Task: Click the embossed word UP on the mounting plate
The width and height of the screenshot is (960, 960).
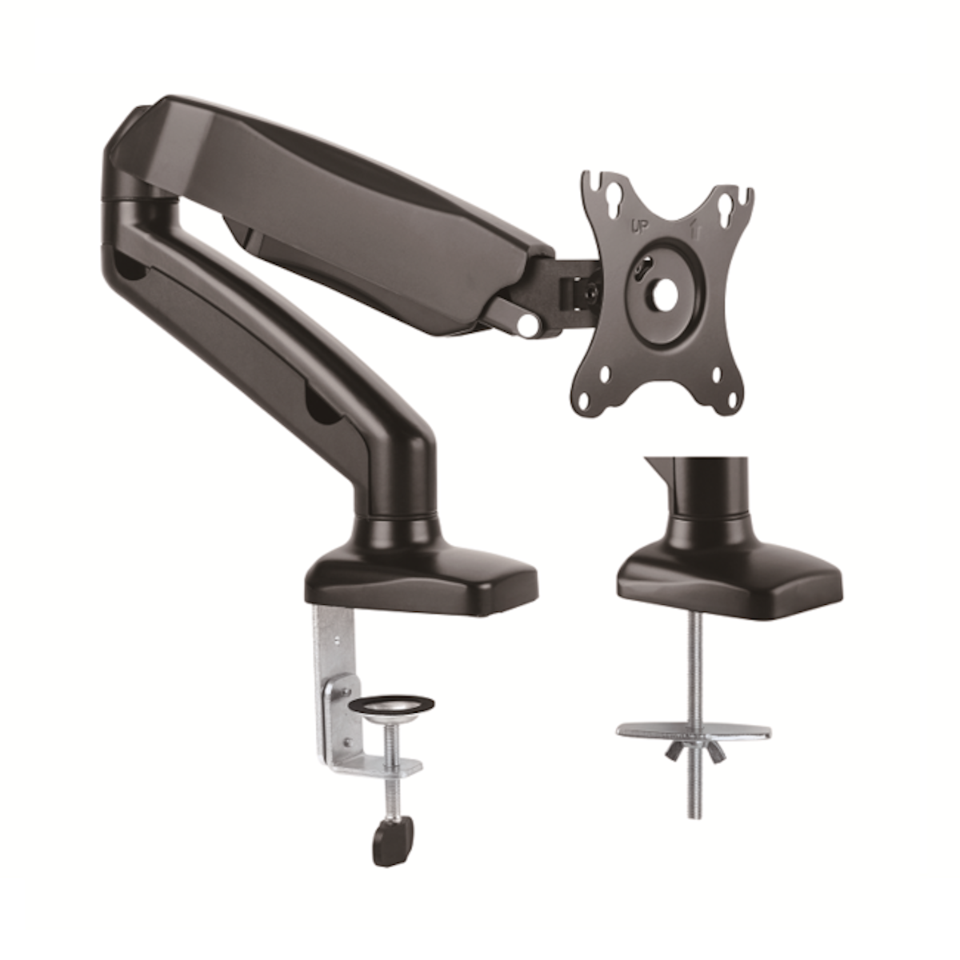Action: point(639,227)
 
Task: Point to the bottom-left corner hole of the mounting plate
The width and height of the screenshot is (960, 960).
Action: point(605,374)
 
